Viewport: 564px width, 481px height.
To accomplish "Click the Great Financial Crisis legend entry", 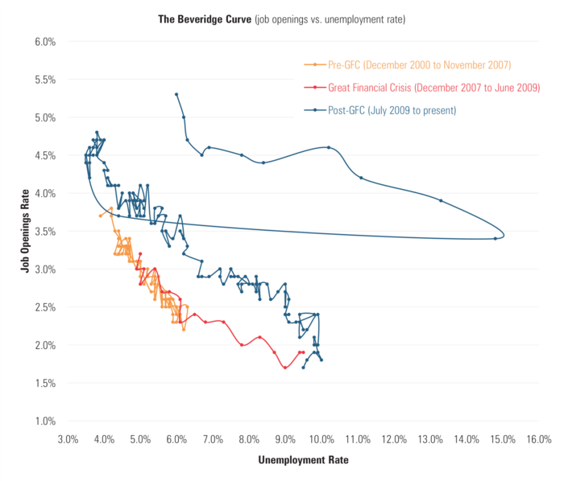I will (433, 87).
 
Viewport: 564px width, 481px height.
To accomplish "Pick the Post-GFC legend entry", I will (392, 109).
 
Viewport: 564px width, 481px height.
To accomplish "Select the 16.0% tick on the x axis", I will (538, 439).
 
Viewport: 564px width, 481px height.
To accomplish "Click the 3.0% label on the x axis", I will (68, 439).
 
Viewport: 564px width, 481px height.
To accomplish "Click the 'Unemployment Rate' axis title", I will (303, 462).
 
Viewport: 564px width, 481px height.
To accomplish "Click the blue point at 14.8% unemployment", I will (496, 238).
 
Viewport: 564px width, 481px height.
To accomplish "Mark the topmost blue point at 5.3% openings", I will (176, 94).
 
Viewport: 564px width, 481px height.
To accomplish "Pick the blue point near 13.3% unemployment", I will (441, 200).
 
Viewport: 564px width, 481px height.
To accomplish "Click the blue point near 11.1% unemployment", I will (361, 178).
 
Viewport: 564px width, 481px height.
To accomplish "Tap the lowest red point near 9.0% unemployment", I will (285, 368).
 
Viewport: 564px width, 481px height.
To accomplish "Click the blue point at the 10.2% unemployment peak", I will (329, 147).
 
